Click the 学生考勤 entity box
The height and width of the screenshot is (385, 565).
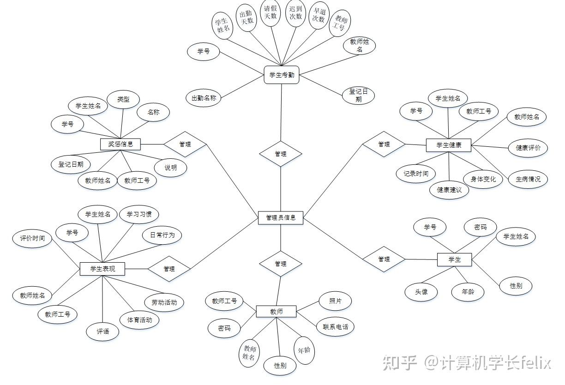coord(281,75)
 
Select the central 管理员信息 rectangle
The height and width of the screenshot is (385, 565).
coord(281,217)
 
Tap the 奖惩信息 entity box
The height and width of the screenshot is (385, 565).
coord(120,144)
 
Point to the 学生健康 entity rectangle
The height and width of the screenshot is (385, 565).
coord(448,145)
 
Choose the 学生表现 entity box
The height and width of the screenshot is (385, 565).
coord(102,269)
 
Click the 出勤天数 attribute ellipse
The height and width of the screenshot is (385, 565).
coord(246,18)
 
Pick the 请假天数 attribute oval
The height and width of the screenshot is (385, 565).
coord(270,12)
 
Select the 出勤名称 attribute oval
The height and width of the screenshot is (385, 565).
coord(204,98)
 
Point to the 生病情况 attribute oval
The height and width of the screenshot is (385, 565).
coord(528,179)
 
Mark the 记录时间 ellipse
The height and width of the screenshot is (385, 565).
coord(415,174)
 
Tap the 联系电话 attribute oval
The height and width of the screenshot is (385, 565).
coord(335,327)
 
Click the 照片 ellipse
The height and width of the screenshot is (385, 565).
coord(335,301)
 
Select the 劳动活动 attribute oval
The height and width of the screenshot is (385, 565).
coord(164,303)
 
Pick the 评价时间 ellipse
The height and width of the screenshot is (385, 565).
coord(32,238)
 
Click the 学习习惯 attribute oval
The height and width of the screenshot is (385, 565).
coord(139,214)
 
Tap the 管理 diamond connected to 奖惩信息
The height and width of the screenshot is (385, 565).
coord(185,144)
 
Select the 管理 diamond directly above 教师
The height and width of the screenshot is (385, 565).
coord(281,264)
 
